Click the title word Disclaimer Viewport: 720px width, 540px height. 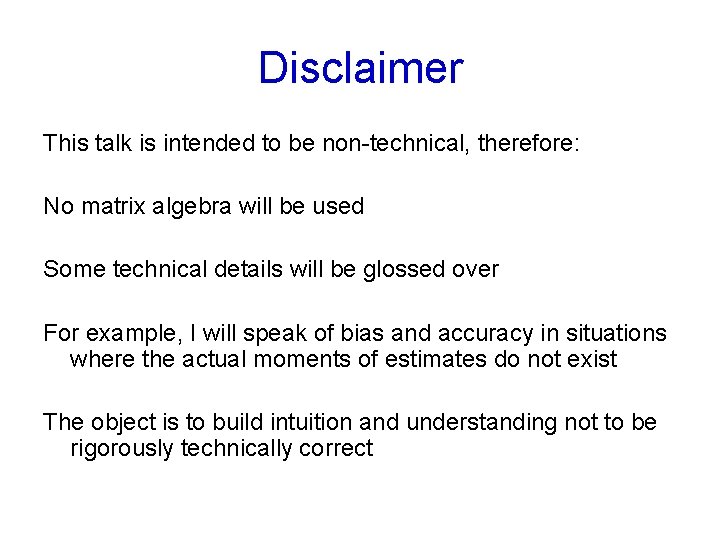point(360,68)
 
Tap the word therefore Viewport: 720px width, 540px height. point(527,143)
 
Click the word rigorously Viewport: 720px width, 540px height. point(121,448)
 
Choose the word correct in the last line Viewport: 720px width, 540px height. point(336,448)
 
